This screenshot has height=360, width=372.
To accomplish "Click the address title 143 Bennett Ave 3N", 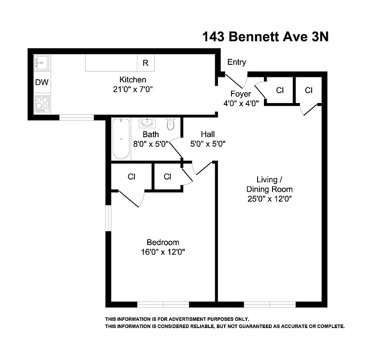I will tap(266, 37).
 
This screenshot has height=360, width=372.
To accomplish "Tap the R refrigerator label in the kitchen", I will tap(145, 63).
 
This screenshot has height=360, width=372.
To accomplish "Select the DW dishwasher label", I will tap(42, 82).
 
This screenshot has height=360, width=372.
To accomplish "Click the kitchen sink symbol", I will tap(41, 63).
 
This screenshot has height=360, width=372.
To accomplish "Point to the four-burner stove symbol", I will tap(42, 103).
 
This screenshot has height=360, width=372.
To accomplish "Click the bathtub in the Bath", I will tap(121, 138).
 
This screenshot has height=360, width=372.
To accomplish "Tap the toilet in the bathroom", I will tap(171, 124).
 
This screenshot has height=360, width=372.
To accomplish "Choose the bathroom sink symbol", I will tap(146, 122).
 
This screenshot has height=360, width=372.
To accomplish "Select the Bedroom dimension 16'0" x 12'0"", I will tap(163, 252).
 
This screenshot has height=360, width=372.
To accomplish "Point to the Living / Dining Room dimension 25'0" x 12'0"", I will tap(269, 199).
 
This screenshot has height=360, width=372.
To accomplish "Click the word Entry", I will tap(236, 62).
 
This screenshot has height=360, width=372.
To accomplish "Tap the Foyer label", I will tap(240, 94).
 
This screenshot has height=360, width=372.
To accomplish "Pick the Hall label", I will tap(208, 134).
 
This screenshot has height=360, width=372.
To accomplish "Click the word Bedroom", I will tap(163, 242).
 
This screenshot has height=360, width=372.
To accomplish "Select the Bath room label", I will tap(150, 134).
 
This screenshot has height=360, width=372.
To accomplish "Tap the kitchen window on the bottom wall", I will tap(77, 117).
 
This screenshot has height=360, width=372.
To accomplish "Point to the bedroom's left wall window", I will tap(108, 219).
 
